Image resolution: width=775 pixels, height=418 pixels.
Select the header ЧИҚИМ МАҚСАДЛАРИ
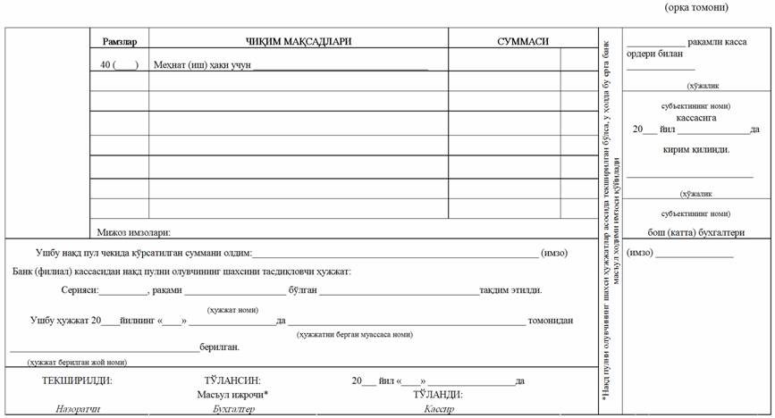pyautogui.click(x=299, y=41)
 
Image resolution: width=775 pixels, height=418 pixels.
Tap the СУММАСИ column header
pyautogui.click(x=523, y=41)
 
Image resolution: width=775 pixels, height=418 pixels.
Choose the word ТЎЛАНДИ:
pyautogui.click(x=438, y=394)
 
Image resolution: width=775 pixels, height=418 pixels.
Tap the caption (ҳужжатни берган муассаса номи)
pyautogui.click(x=355, y=334)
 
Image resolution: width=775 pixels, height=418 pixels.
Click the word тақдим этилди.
pyautogui.click(x=510, y=290)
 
